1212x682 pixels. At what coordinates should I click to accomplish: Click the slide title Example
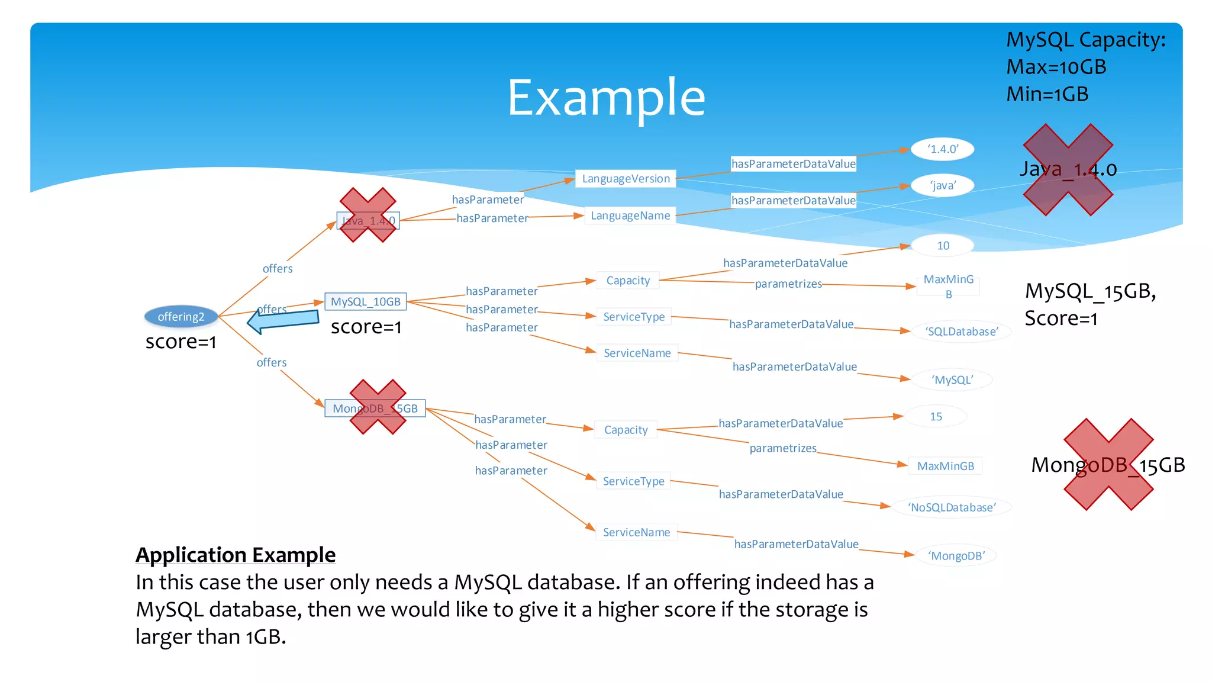pos(606,98)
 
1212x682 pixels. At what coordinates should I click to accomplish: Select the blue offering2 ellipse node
pos(181,317)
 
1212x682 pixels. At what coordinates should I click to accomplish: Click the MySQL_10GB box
pos(365,302)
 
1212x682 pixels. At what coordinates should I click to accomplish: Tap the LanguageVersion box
pos(626,179)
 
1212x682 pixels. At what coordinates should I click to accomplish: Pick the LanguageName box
pos(630,215)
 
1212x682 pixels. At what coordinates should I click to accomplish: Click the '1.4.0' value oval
pos(942,149)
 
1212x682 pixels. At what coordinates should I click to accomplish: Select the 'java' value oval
pos(942,185)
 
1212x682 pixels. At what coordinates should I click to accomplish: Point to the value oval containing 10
pos(943,246)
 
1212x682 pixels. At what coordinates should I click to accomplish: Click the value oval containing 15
pos(936,417)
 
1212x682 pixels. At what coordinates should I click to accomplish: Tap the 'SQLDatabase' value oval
pos(962,332)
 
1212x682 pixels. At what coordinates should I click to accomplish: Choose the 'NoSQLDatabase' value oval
pos(951,507)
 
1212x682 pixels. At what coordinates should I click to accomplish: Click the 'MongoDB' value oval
pos(956,556)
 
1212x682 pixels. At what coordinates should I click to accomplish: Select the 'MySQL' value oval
pos(952,380)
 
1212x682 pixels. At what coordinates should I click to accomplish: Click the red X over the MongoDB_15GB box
pos(378,407)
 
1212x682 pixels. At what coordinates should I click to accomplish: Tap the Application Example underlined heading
pos(236,555)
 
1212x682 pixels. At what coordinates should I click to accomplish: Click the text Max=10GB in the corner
pos(1056,67)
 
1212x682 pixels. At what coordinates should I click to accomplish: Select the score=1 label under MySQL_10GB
pos(366,327)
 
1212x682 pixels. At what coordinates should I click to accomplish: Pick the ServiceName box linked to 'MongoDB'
pos(636,532)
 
